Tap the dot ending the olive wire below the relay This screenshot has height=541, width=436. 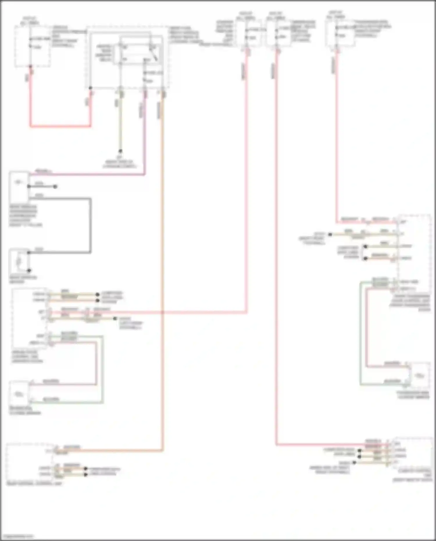pos(120,151)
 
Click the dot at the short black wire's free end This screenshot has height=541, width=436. pos(55,186)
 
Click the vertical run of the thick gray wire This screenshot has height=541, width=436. pos(90,225)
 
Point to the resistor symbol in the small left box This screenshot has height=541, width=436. pos(19,262)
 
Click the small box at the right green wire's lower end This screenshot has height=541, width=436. pos(419,375)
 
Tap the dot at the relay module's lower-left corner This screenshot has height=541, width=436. pos(90,88)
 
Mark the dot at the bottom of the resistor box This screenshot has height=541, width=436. pos(29,271)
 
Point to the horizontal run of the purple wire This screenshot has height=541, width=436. pos(87,174)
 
